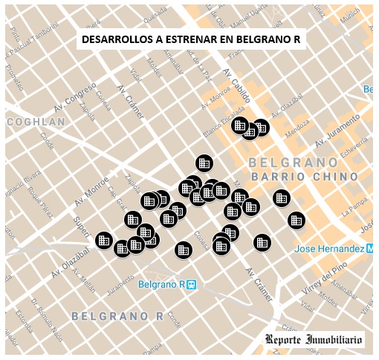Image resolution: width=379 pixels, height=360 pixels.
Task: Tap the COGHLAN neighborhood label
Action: coord(36,122)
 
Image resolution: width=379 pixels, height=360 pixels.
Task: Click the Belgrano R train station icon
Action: coord(191,284)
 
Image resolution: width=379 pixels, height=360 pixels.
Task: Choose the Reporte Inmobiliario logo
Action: coord(314,340)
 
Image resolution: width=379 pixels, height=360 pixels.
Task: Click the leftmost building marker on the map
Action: coord(104,240)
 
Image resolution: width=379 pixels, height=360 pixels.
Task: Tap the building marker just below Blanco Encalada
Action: coord(204,163)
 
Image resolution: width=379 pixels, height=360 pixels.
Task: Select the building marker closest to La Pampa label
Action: coord(296,220)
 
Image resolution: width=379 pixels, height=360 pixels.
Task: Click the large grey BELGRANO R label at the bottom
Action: coord(117,316)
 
